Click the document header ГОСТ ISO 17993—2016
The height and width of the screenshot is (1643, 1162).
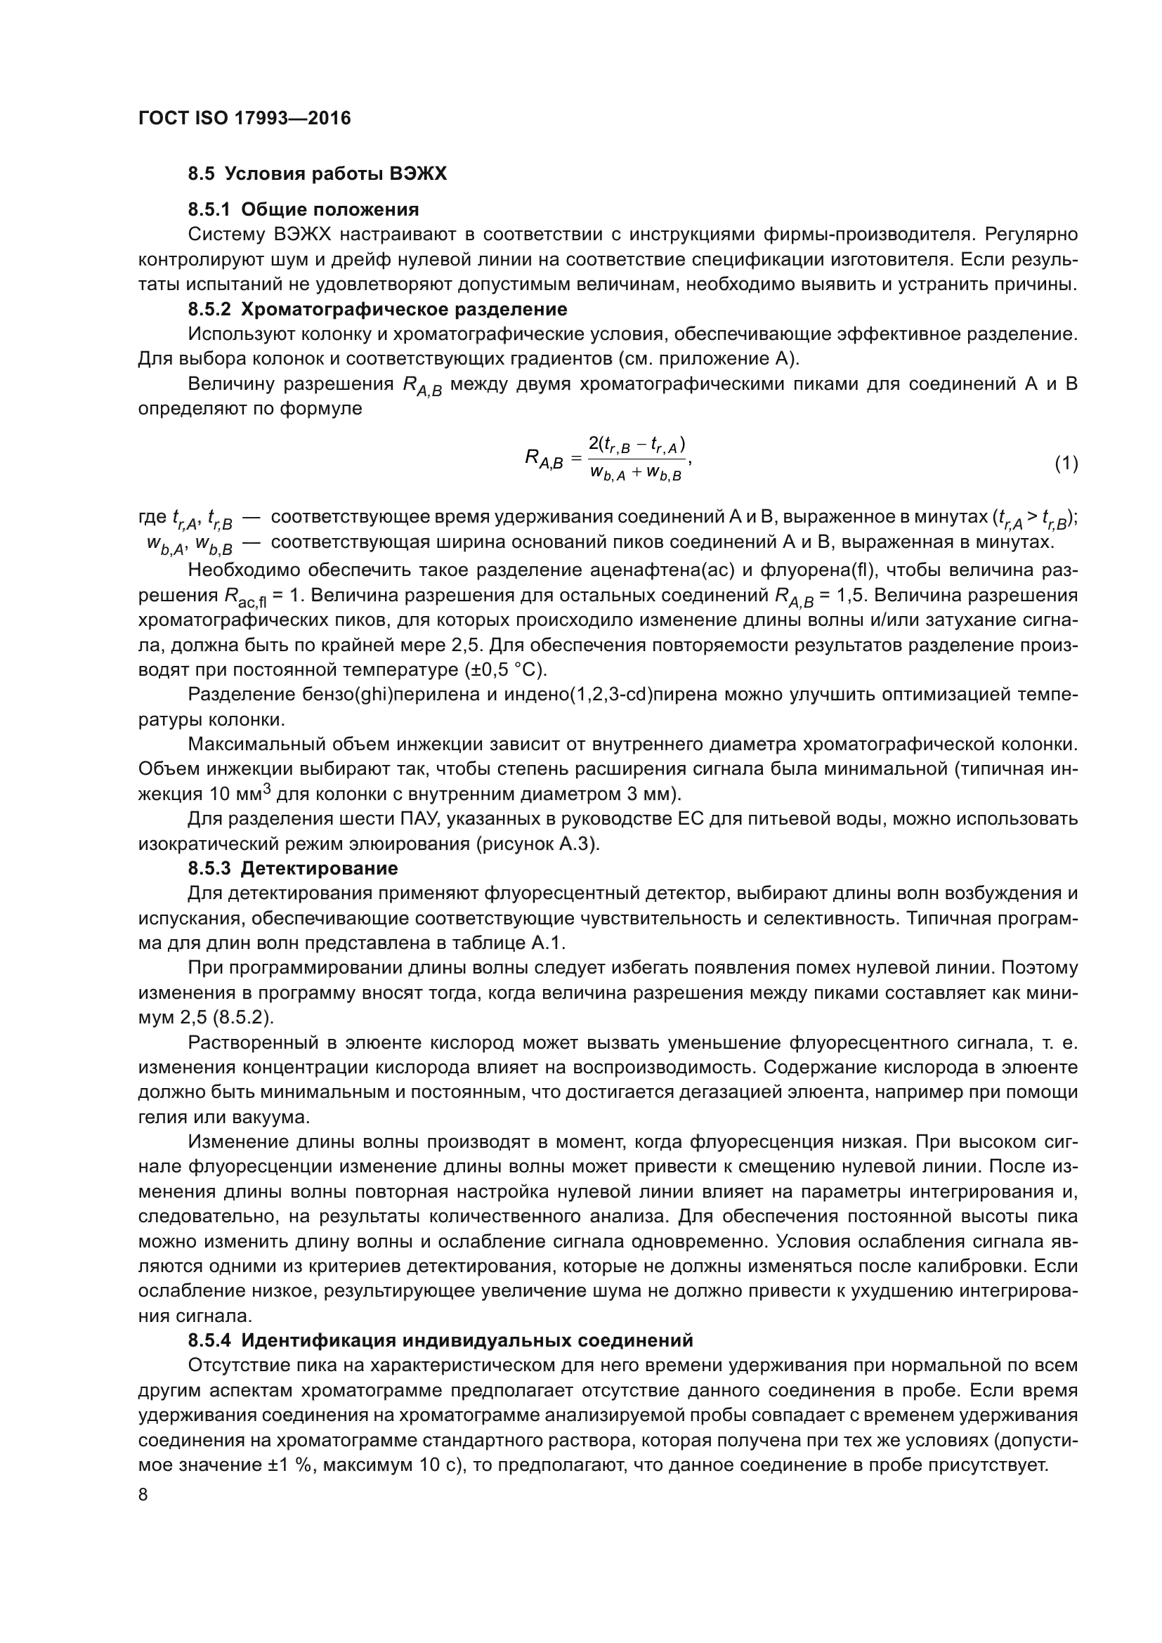tap(244, 118)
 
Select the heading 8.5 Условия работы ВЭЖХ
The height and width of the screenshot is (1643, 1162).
tap(317, 174)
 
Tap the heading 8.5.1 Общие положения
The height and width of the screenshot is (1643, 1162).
tap(303, 209)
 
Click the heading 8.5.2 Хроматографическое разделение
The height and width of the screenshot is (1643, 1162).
tap(377, 309)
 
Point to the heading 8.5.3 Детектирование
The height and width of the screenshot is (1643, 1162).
tap(293, 869)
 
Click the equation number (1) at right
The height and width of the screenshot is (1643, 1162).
tap(1066, 464)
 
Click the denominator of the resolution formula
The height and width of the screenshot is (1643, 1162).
tap(635, 473)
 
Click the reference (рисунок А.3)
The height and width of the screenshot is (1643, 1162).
tap(537, 844)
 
